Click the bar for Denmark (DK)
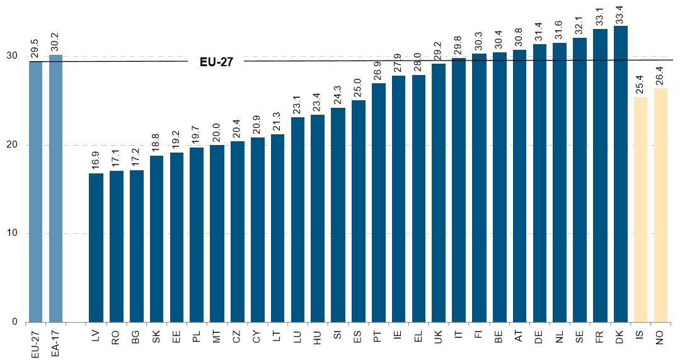tap(620, 174)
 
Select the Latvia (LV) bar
tap(96, 248)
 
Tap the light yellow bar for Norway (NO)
tap(660, 206)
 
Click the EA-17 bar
tap(56, 189)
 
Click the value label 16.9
tap(96, 161)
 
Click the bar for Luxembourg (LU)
tap(298, 220)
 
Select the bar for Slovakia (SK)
tap(156, 239)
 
